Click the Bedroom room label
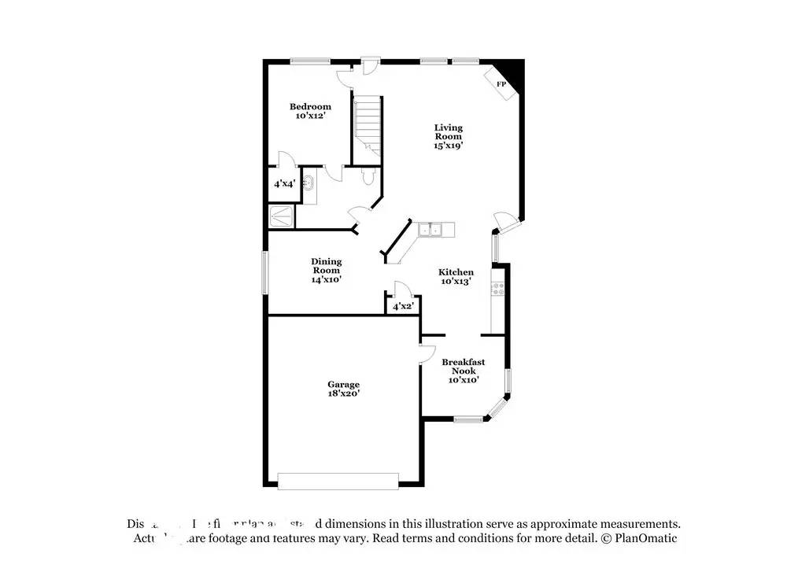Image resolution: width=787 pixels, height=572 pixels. pos(310,106)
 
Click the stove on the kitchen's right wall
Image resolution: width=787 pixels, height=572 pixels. pos(497,289)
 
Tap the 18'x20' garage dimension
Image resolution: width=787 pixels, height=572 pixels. pos(344,393)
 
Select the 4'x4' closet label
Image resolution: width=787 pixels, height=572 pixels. pos(283,183)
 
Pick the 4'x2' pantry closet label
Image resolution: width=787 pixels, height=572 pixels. pos(403,305)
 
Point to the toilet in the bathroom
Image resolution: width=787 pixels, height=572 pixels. pos(368,179)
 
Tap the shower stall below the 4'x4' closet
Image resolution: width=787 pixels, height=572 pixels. pos(282,215)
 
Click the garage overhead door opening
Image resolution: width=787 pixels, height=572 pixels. pos(338,480)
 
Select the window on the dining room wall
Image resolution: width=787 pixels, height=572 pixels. pos(265,272)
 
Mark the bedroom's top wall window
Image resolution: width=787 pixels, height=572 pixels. pos(309,61)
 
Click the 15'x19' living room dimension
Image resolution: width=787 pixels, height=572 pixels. pos(448,145)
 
